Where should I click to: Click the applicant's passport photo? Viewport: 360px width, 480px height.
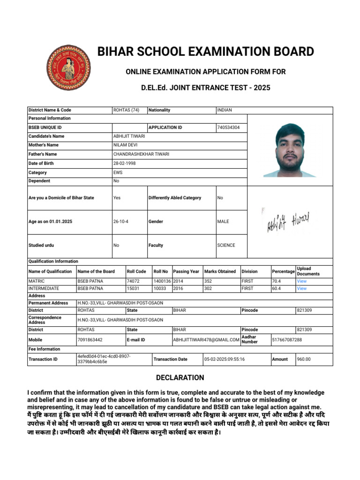pyautogui.click(x=290, y=150)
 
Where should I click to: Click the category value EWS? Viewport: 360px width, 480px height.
pyautogui.click(x=118, y=172)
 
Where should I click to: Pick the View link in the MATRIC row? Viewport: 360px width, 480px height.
pyautogui.click(x=301, y=281)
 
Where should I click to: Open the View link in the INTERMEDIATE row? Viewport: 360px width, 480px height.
pyautogui.click(x=301, y=289)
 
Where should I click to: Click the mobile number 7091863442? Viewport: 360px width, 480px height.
pyautogui.click(x=90, y=339)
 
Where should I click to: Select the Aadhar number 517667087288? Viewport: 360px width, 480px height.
pyautogui.click(x=287, y=339)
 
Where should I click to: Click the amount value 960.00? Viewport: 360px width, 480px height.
pyautogui.click(x=304, y=360)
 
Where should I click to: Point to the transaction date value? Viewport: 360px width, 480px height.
pyautogui.click(x=225, y=360)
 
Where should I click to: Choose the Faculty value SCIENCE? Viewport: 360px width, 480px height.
pyautogui.click(x=226, y=245)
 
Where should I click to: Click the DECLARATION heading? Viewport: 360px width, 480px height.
pyautogui.click(x=180, y=378)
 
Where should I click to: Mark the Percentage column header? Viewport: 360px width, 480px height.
pyautogui.click(x=283, y=271)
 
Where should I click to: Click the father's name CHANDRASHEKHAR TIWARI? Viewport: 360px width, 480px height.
pyautogui.click(x=141, y=154)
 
